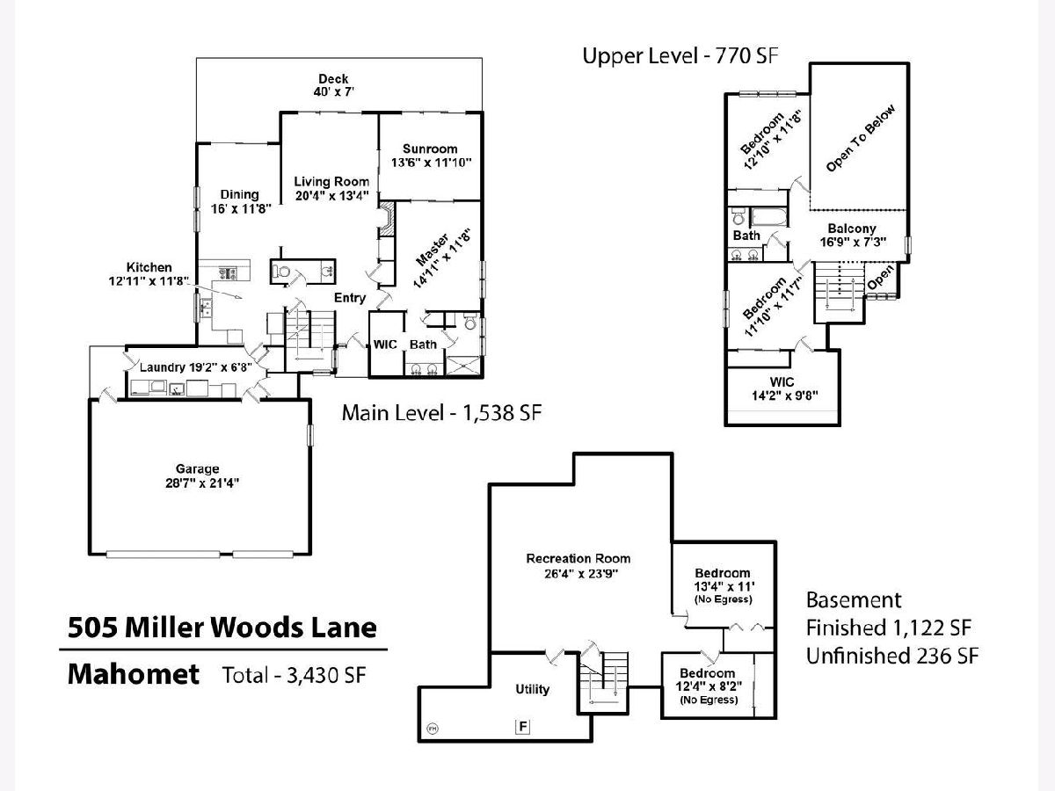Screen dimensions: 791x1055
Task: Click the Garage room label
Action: pos(197,469)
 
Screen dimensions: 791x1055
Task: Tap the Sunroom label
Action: pos(430,149)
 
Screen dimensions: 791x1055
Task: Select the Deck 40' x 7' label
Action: pos(333,79)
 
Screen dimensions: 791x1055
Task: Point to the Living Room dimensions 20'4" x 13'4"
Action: pos(331,195)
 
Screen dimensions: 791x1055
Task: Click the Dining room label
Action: pos(240,194)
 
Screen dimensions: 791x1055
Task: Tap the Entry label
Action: pos(350,298)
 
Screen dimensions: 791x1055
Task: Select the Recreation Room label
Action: pos(578,558)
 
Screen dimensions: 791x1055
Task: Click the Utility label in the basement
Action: pos(533,689)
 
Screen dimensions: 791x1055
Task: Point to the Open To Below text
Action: pos(861,138)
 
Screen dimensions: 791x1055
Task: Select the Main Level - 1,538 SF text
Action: pos(441,412)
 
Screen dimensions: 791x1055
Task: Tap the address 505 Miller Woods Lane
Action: pos(222,628)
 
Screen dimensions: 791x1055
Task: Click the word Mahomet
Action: pos(134,675)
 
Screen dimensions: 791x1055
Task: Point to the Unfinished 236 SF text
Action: pos(893,655)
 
